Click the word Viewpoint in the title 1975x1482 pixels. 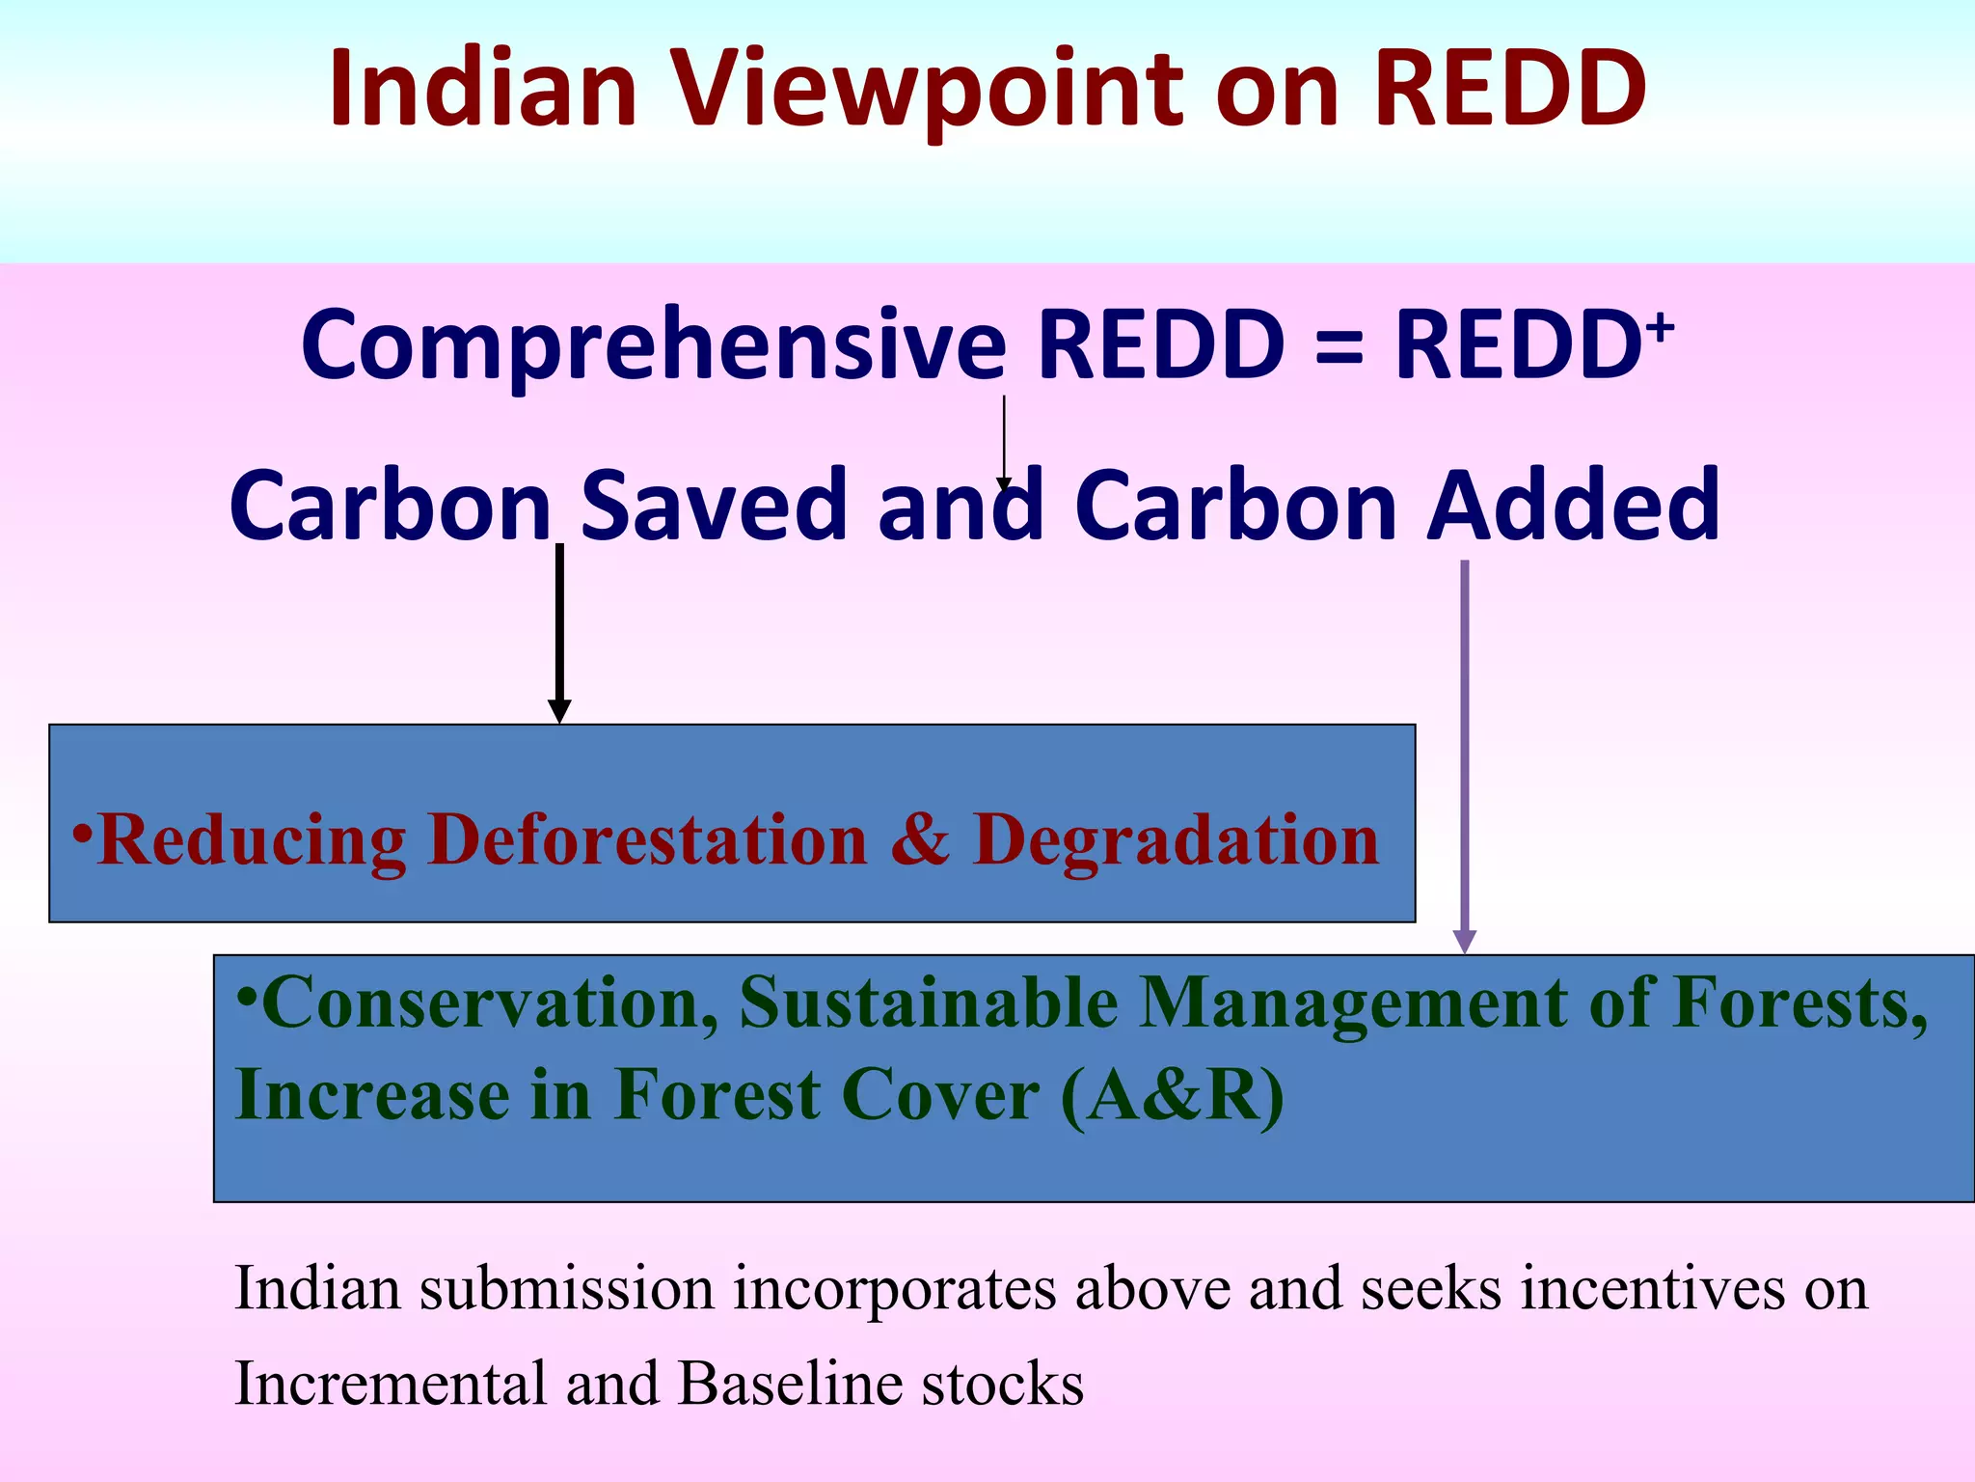926,92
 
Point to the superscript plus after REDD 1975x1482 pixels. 1661,328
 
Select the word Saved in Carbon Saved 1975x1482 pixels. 714,507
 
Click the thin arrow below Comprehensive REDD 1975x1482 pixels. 1004,439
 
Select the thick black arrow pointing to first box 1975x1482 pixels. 559,632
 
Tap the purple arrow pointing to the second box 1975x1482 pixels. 1465,753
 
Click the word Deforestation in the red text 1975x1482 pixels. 648,839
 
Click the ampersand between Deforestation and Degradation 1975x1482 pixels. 920,839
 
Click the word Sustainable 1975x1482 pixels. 928,1003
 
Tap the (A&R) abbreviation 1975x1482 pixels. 1172,1096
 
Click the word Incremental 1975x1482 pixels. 391,1384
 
